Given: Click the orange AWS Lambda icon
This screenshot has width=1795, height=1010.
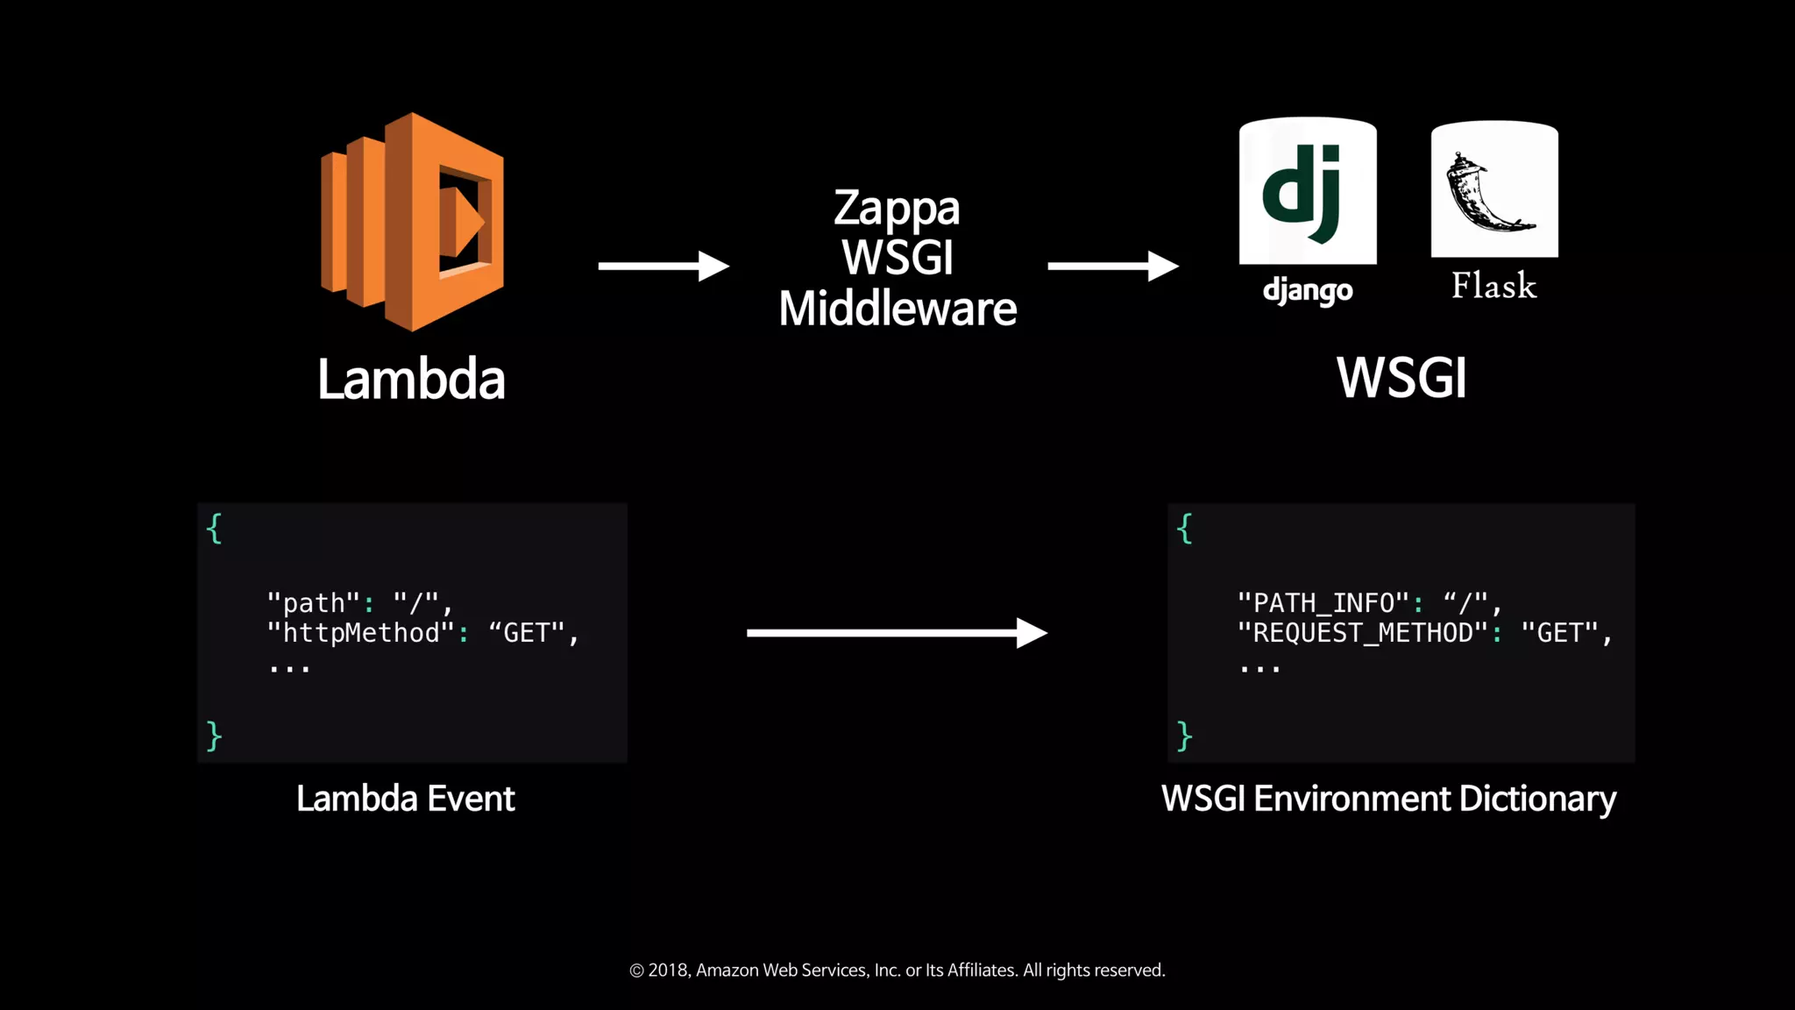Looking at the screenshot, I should coord(412,222).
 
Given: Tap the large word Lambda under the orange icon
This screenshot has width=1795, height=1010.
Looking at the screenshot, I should coord(411,380).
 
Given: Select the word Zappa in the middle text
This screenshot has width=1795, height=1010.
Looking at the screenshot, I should coord(897,209).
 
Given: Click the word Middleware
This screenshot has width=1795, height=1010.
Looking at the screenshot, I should coord(897,309).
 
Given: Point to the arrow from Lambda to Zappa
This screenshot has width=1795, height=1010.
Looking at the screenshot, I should coord(663,266).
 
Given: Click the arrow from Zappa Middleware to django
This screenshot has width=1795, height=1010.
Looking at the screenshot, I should coord(1112,266).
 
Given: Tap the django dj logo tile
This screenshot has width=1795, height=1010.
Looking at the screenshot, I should coord(1308,191).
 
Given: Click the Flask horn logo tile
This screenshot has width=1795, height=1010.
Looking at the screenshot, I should coord(1494,190).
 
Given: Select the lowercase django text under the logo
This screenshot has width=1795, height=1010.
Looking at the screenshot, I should coord(1308,290).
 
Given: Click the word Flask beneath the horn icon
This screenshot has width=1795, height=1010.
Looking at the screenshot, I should coord(1493,286).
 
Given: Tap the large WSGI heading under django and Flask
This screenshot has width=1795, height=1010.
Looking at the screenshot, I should coord(1401,378).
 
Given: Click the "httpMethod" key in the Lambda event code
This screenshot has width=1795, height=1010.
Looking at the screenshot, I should coord(361,633).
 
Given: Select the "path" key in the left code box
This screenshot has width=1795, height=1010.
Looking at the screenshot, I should coord(313,603).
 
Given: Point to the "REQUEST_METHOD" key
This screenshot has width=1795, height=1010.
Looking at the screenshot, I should coord(1363,633).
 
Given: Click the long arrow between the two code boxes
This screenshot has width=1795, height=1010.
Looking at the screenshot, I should coord(896,632).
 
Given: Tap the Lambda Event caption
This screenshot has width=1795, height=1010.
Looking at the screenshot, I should coord(405,799).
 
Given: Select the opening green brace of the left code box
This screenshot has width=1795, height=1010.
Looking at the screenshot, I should coord(214,529).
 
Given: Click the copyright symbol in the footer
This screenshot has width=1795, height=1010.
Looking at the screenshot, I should coord(637,971).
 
